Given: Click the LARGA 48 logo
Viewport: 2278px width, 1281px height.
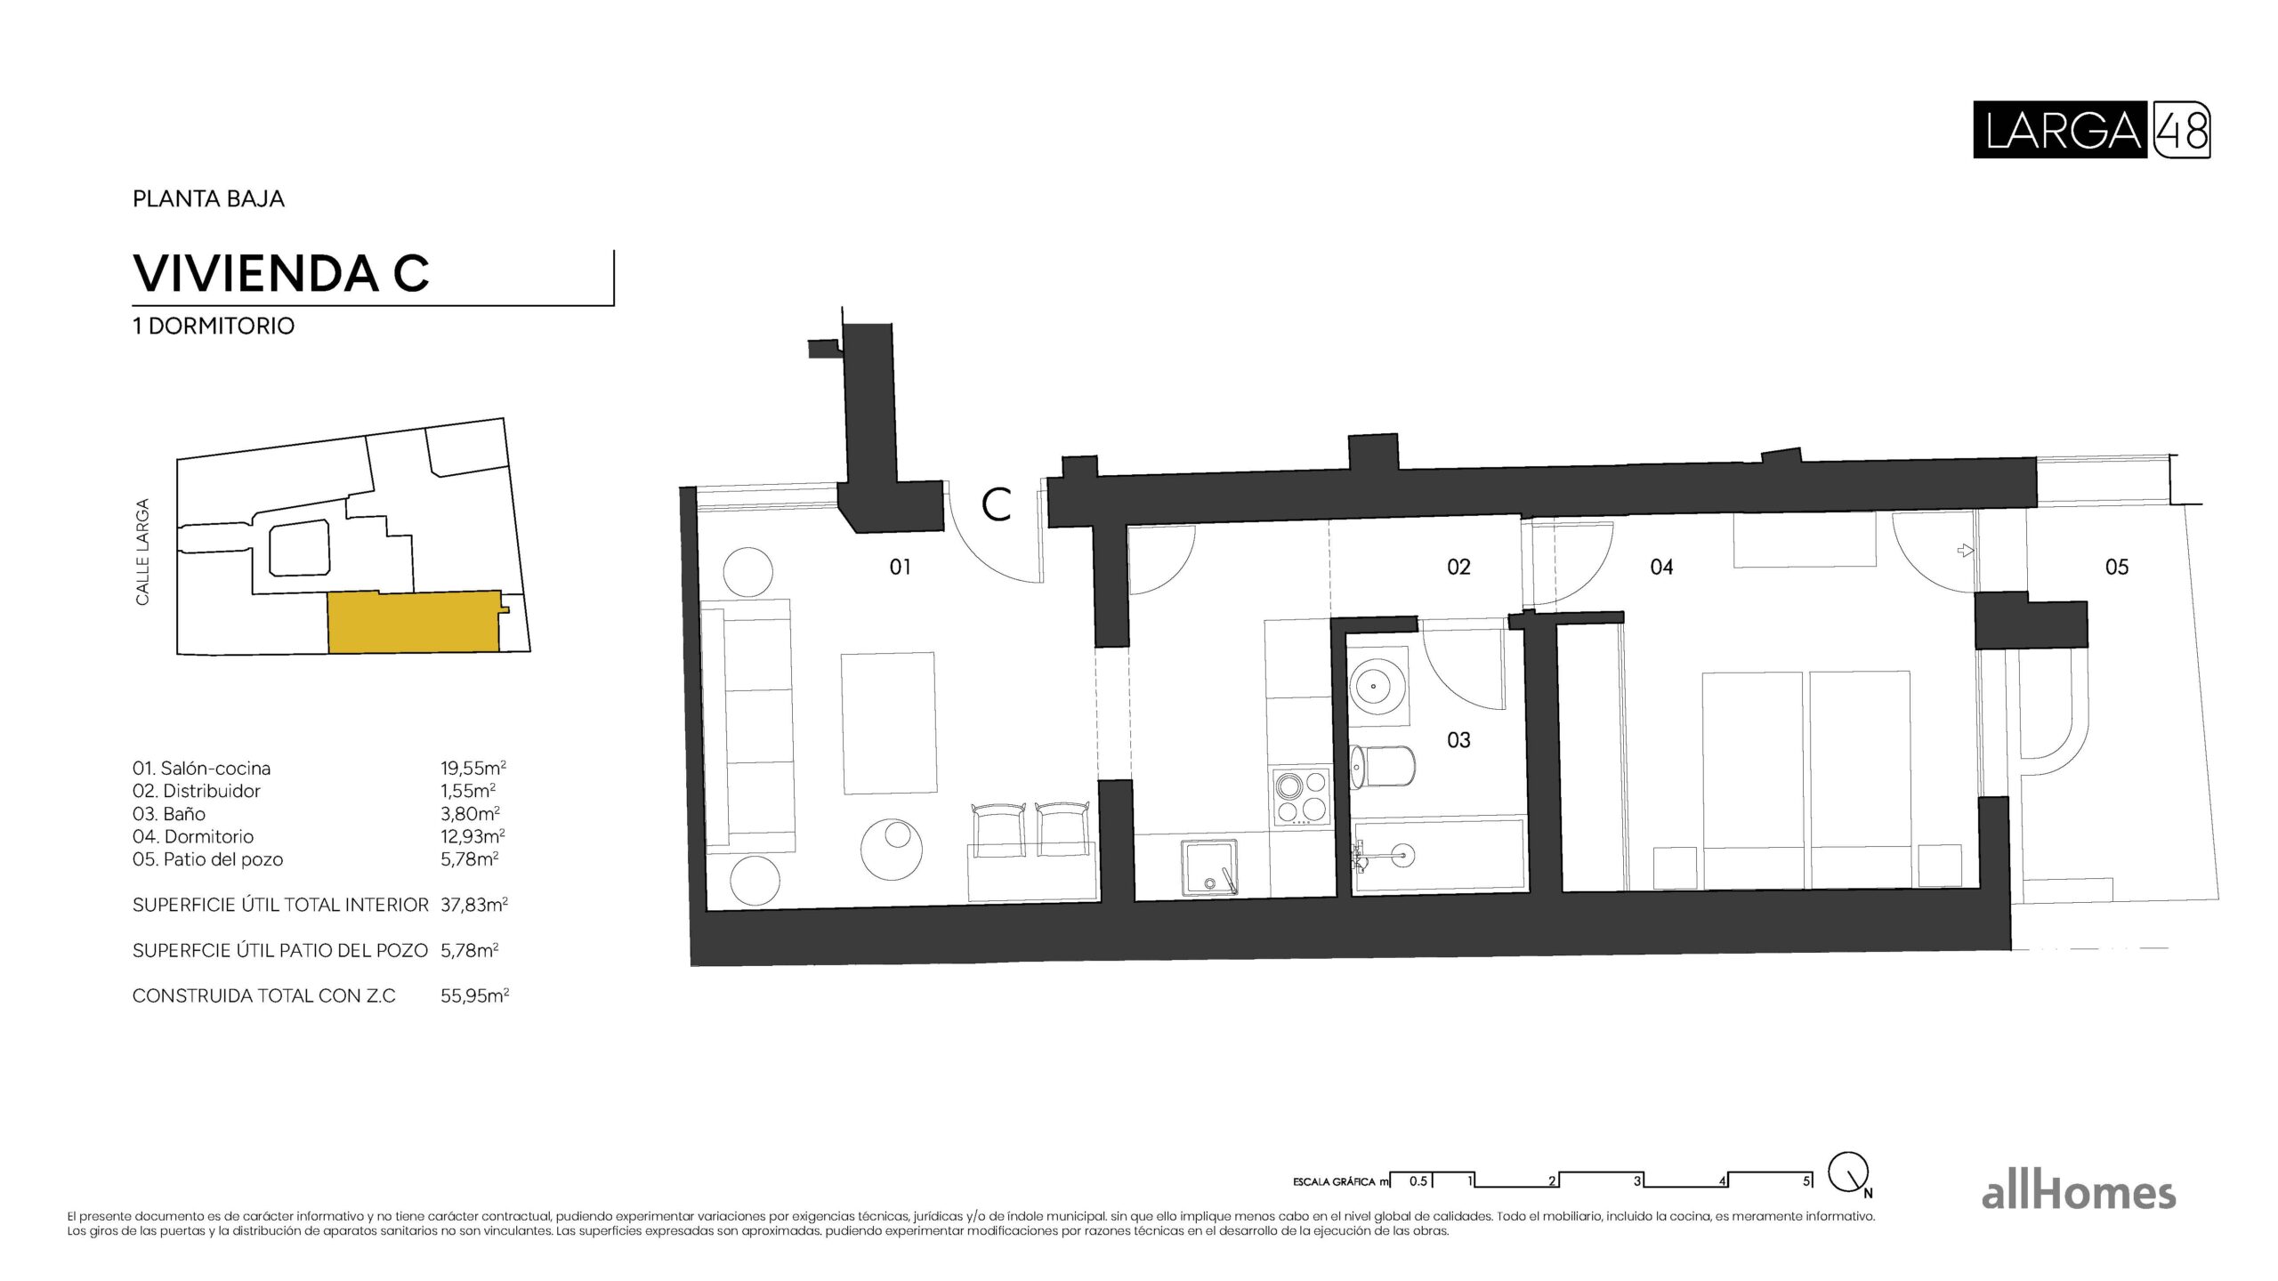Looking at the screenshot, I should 2091,131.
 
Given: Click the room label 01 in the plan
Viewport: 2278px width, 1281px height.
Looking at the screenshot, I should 900,567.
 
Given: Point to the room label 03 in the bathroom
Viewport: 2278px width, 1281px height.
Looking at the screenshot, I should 1458,739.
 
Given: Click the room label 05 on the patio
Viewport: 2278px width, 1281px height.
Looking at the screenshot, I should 2117,567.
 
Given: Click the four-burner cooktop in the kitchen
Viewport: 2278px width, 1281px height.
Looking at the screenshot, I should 1303,797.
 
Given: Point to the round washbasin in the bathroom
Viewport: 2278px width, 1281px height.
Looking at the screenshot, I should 1378,686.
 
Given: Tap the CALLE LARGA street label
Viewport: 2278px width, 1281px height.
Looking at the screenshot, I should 142,552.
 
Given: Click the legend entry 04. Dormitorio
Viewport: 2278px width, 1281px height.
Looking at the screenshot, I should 193,836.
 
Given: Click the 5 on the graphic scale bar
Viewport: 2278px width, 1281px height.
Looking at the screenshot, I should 1806,1181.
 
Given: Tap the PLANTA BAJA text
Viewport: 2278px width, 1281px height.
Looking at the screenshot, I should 208,198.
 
